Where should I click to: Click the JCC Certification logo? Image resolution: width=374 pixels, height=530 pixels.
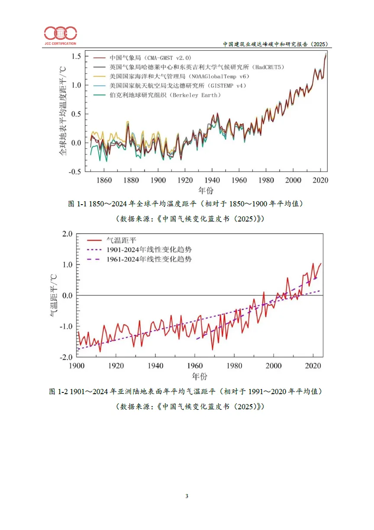(x=60, y=35)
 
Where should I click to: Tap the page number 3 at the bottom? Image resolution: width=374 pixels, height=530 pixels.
(x=187, y=496)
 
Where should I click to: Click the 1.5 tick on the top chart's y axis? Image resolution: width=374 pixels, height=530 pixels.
(x=76, y=56)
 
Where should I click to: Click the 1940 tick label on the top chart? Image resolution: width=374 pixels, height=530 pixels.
(x=212, y=180)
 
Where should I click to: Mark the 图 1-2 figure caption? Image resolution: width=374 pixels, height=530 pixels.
(x=186, y=392)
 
